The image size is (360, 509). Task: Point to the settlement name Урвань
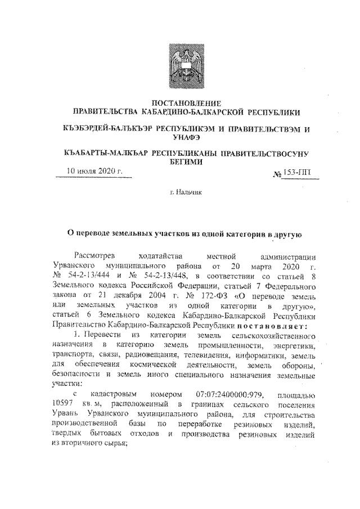pyautogui.click(x=65, y=416)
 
